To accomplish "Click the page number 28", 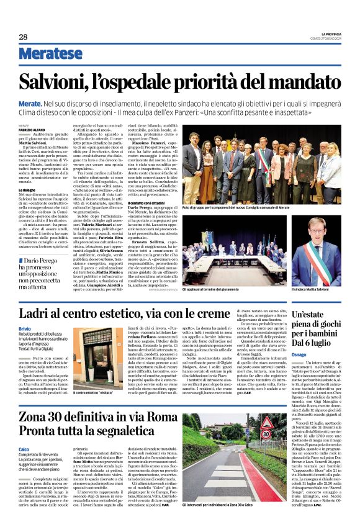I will point(23,37).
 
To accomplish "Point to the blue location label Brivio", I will point(25,328).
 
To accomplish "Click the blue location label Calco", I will point(24,449).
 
